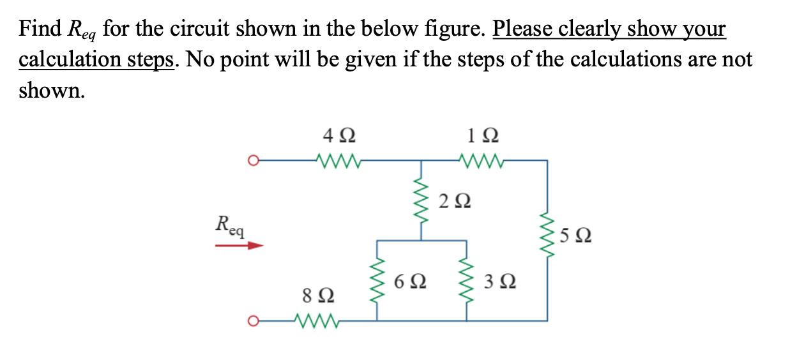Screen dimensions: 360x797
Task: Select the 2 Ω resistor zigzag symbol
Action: pyautogui.click(x=420, y=199)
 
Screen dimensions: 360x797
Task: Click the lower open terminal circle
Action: pyautogui.click(x=254, y=320)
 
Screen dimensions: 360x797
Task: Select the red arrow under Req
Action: pyautogui.click(x=239, y=244)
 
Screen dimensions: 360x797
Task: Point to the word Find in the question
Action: pyautogui.click(x=39, y=29)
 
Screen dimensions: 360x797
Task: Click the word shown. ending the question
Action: pyautogui.click(x=51, y=91)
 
